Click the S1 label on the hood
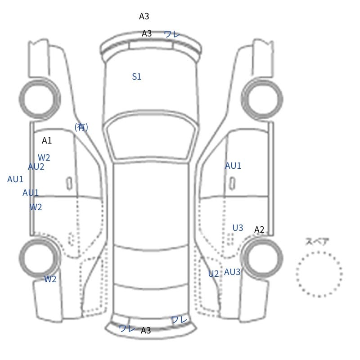click(x=137, y=76)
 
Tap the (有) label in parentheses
click(x=81, y=127)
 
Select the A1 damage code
click(x=47, y=140)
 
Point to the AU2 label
click(x=36, y=166)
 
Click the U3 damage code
click(x=238, y=228)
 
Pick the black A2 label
click(x=259, y=229)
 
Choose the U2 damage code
click(x=213, y=274)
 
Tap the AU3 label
click(x=232, y=272)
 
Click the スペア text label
click(x=314, y=242)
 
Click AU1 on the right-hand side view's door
click(x=233, y=166)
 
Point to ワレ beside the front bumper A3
click(x=172, y=34)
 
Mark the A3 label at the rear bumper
click(x=146, y=330)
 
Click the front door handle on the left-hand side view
click(x=69, y=184)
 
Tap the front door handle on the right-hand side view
click(x=232, y=184)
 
